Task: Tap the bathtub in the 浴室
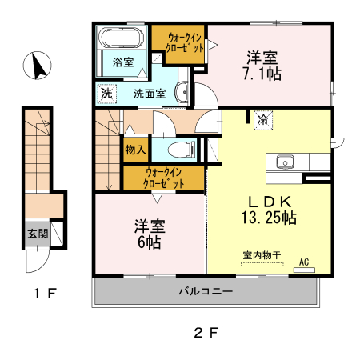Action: (122, 38)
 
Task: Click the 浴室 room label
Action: (122, 62)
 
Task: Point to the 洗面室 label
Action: (150, 93)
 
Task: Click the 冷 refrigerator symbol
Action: (262, 120)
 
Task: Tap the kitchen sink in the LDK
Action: (286, 162)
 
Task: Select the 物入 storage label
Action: (135, 150)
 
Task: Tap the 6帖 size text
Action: (148, 241)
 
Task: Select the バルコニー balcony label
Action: (206, 291)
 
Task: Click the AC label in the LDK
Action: (304, 262)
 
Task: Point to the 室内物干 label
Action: (262, 255)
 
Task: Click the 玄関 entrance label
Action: (38, 234)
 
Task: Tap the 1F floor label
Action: (44, 294)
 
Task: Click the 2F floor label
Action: (206, 332)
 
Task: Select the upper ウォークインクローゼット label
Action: (185, 42)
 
